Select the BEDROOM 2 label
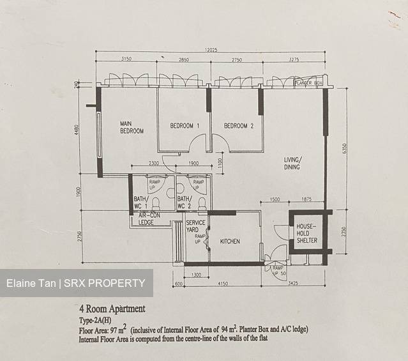tap(239, 126)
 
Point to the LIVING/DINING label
tap(293, 164)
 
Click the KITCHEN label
tap(230, 242)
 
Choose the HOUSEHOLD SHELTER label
tap(303, 233)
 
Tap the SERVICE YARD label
tap(195, 226)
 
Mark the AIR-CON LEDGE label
tap(146, 219)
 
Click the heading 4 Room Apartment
tap(112, 309)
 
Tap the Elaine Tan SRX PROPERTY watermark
tap(76, 283)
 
